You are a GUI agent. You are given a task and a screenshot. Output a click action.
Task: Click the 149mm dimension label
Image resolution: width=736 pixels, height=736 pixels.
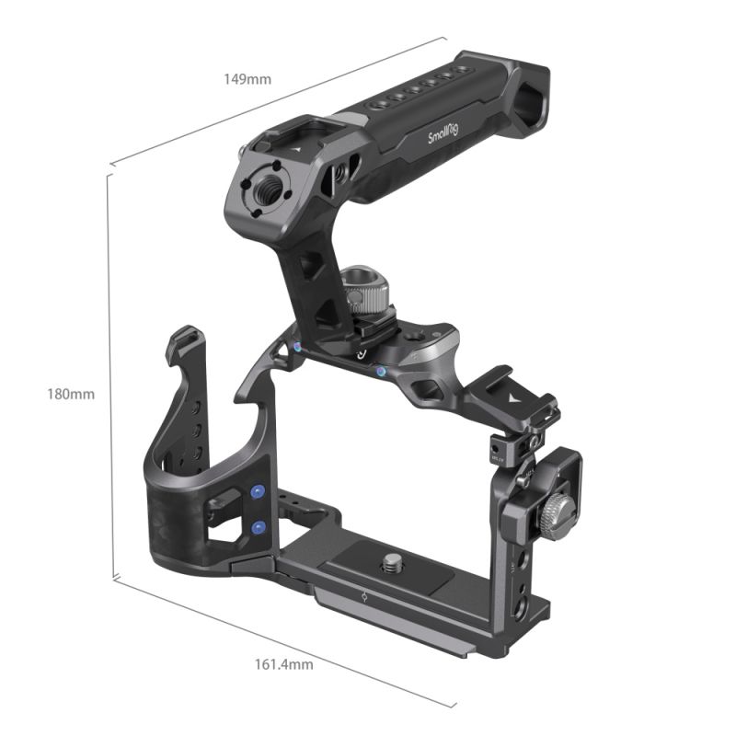[247, 79]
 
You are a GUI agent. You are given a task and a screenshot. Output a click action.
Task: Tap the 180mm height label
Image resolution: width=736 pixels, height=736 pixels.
[71, 394]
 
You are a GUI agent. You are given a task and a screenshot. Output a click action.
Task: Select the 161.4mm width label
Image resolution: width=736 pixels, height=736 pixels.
[282, 663]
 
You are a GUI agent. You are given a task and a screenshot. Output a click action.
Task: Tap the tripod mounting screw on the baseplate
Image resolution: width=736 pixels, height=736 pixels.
[394, 559]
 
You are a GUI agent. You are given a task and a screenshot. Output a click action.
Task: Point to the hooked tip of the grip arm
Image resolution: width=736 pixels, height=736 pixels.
[186, 338]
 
